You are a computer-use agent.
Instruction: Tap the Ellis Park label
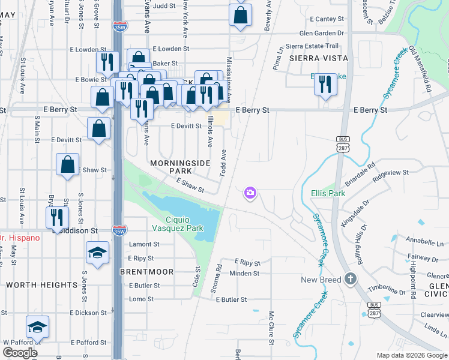pos(328,194)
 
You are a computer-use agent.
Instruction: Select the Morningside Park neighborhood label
pos(172,167)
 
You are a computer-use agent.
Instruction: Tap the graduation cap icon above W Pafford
pos(38,326)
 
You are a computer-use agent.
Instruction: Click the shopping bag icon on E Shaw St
pos(68,164)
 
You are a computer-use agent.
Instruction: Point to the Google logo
pos(20,353)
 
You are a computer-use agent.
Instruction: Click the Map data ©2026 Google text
pos(412,355)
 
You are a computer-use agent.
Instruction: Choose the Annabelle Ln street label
pos(425,244)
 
